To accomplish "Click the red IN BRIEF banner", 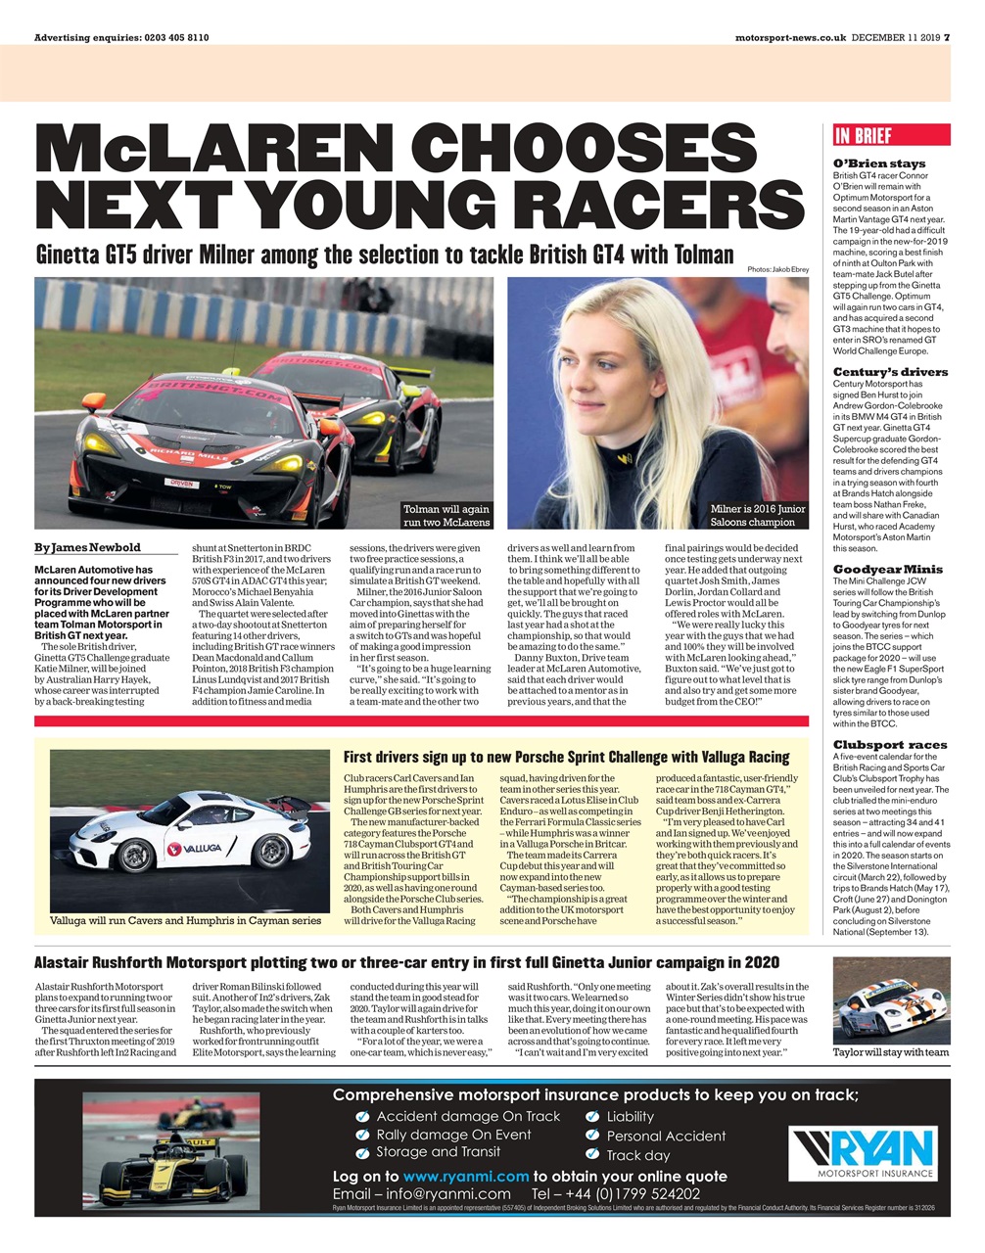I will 890,136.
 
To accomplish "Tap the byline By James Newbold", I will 87,547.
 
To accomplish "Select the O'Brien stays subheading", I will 878,163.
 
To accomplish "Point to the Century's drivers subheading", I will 890,372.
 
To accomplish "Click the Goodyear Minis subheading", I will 887,569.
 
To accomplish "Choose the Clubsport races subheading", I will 890,744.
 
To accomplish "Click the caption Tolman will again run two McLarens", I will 446,515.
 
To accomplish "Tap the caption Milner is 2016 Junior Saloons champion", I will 759,515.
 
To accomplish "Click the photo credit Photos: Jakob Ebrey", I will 777,269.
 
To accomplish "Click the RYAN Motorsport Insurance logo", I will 863,1154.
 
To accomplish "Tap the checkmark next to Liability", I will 591,1117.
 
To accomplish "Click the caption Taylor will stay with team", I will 890,1052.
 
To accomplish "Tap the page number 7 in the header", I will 946,37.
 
